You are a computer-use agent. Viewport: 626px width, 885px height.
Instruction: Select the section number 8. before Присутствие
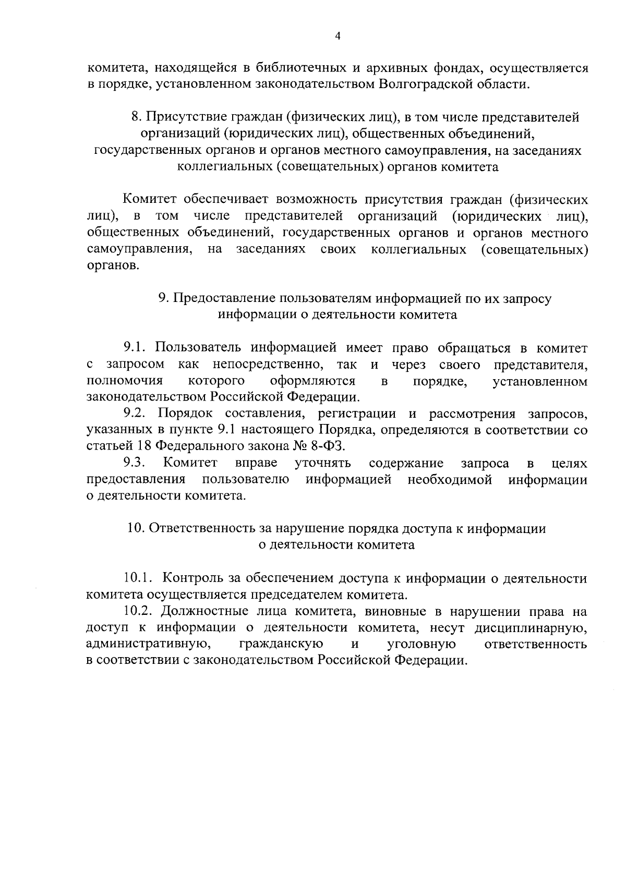[x=137, y=117]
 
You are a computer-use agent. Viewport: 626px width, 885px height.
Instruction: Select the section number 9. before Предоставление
[x=163, y=298]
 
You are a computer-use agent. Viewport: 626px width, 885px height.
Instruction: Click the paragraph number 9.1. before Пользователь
[x=136, y=348]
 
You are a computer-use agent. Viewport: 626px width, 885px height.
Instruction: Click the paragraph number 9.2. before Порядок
[x=137, y=414]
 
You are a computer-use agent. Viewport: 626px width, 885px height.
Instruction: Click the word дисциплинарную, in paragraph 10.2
[x=531, y=627]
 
